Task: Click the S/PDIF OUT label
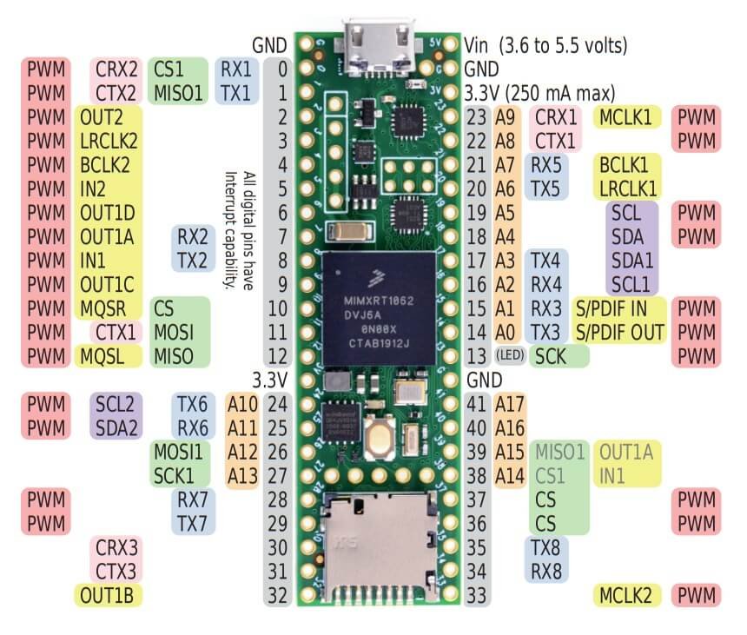point(619,332)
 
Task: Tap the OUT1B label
point(108,596)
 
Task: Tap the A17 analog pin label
point(509,404)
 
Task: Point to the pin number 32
point(276,596)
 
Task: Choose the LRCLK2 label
point(111,140)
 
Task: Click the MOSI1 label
point(179,452)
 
